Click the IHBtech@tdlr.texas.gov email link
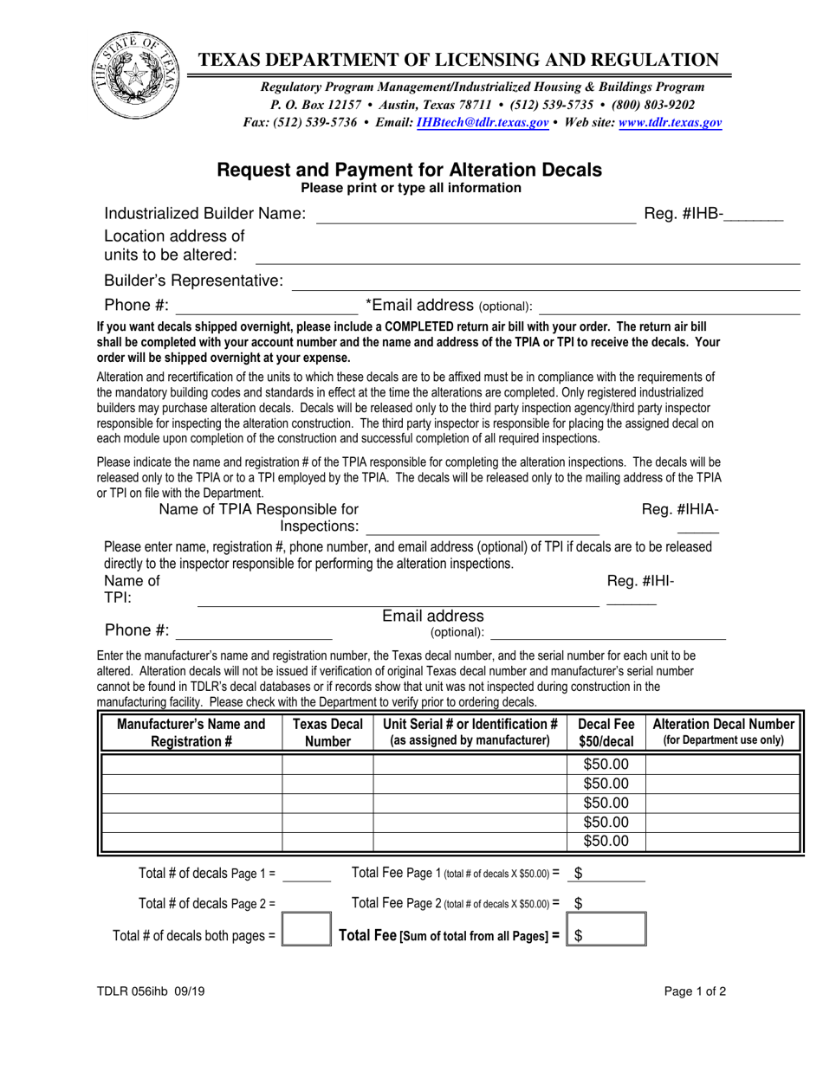(x=482, y=124)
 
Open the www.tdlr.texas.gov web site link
(x=669, y=124)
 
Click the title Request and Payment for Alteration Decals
(x=409, y=170)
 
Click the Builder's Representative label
(x=193, y=281)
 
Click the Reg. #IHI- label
(x=640, y=581)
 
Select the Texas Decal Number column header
(x=327, y=733)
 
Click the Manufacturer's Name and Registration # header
(x=191, y=733)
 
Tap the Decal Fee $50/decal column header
(x=606, y=733)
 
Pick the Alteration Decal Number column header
(x=724, y=732)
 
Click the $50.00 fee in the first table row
(x=606, y=765)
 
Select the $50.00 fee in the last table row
(x=606, y=841)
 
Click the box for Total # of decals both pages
(x=307, y=934)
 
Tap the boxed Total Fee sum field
(x=606, y=934)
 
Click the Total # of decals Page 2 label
(x=207, y=904)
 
